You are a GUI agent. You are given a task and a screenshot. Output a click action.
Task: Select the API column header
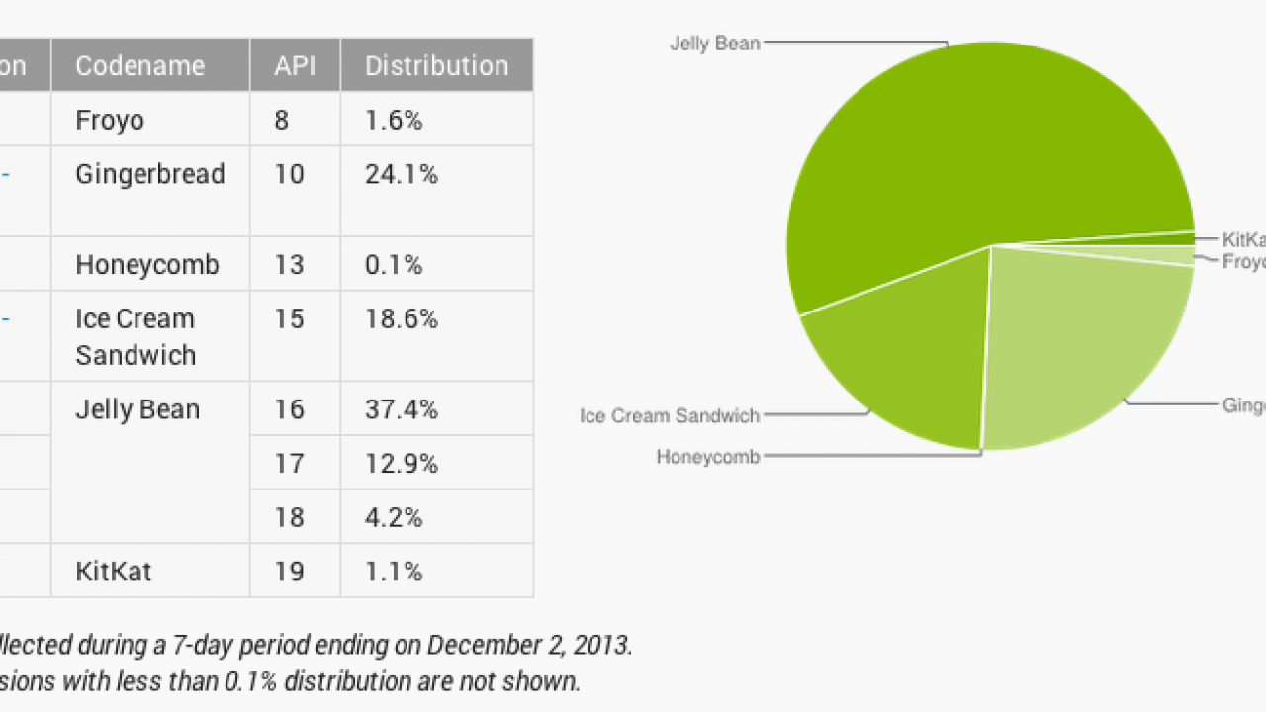pyautogui.click(x=295, y=66)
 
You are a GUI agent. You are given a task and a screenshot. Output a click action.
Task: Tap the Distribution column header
pyautogui.click(x=436, y=66)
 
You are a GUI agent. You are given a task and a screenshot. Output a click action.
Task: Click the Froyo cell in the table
pyautogui.click(x=110, y=121)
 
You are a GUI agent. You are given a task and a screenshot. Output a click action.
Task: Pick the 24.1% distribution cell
pyautogui.click(x=402, y=174)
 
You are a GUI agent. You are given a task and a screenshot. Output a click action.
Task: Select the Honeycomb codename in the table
pyautogui.click(x=147, y=265)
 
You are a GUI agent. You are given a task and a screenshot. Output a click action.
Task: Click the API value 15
pyautogui.click(x=290, y=319)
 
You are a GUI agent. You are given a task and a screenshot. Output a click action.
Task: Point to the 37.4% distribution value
pyautogui.click(x=402, y=409)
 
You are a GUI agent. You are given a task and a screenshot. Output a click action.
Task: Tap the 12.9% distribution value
pyautogui.click(x=402, y=464)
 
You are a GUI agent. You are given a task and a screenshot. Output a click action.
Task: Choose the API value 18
pyautogui.click(x=290, y=517)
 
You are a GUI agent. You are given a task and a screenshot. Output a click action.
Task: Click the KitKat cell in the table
pyautogui.click(x=114, y=572)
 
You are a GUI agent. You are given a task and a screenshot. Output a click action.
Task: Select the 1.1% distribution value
pyautogui.click(x=394, y=572)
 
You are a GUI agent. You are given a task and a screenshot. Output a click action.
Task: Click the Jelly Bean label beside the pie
pyautogui.click(x=714, y=44)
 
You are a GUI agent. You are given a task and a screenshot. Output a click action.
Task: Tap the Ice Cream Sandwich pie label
pyautogui.click(x=670, y=415)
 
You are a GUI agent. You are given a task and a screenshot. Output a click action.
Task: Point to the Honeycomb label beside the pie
pyautogui.click(x=708, y=458)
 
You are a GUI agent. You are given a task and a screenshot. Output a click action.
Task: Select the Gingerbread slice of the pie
pyautogui.click(x=1078, y=346)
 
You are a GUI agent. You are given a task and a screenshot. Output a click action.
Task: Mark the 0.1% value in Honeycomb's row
pyautogui.click(x=394, y=265)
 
